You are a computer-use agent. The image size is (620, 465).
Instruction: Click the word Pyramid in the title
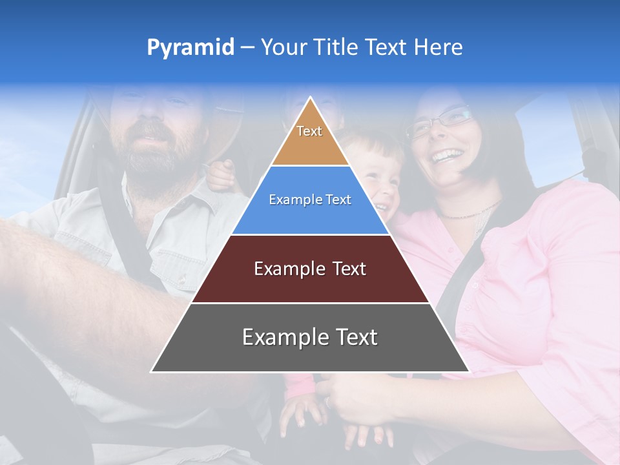coord(191,48)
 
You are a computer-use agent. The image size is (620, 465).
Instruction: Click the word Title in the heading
coord(335,47)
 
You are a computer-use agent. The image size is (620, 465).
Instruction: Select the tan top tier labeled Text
coord(309,138)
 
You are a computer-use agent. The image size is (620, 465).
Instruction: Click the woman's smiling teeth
coord(446,156)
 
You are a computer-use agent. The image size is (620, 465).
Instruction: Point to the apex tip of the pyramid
coord(310,98)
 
